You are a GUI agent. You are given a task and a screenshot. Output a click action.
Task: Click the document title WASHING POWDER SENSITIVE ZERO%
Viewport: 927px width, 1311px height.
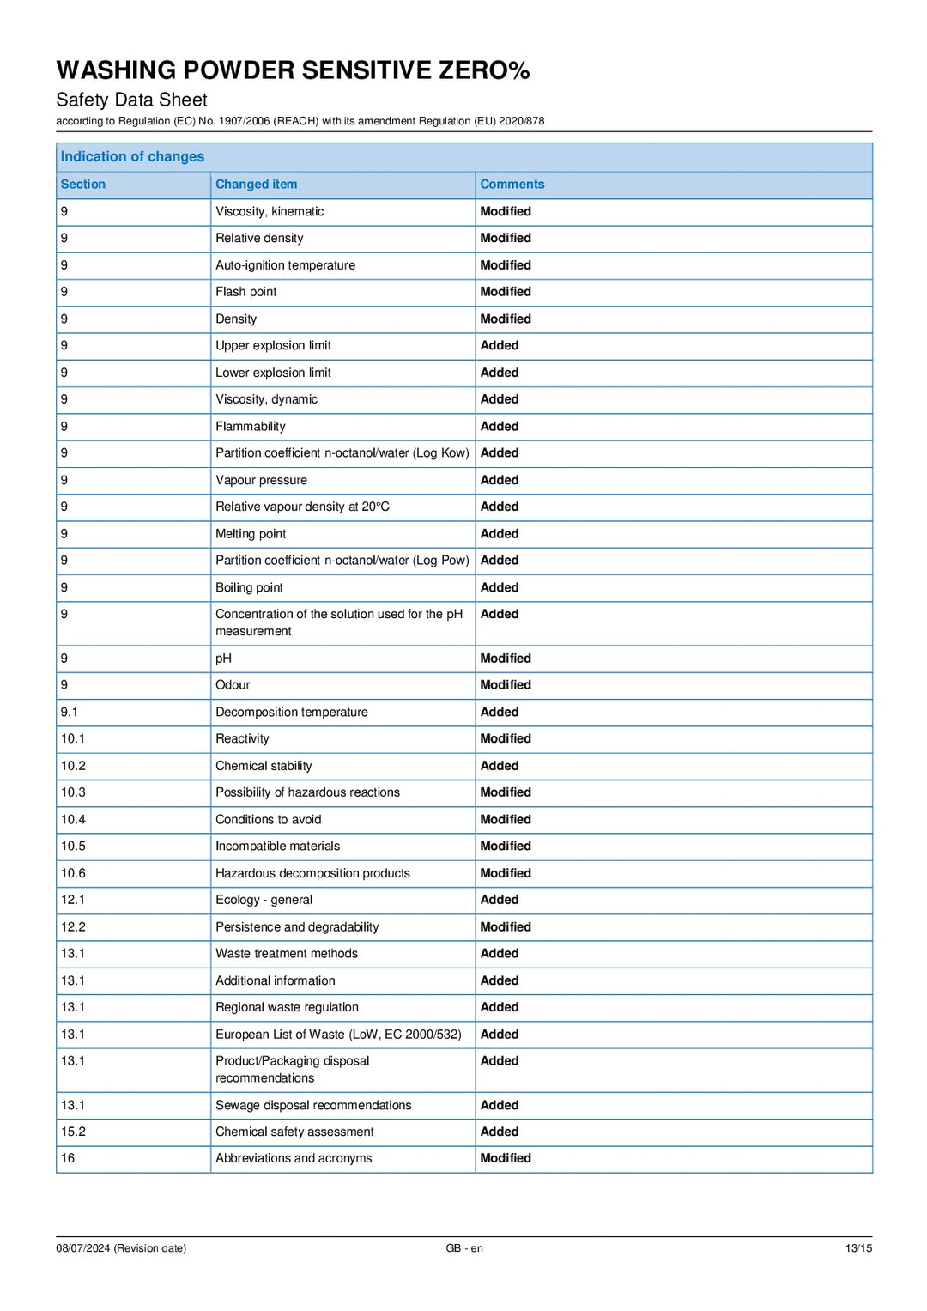(293, 70)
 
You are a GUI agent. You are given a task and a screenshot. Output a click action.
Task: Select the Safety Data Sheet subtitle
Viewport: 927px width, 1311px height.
(131, 100)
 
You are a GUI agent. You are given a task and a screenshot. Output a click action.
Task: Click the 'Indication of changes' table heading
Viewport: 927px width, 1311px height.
(132, 156)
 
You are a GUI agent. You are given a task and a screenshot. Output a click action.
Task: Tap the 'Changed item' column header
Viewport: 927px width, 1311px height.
(256, 184)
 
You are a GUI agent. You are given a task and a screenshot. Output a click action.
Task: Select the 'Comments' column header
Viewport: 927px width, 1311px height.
(512, 184)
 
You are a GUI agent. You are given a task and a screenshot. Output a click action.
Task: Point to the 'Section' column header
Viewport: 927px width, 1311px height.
(82, 184)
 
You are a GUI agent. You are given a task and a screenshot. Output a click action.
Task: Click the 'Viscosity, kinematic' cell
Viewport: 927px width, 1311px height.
(270, 211)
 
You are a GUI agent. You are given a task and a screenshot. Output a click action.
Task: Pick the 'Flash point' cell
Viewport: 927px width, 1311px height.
(245, 292)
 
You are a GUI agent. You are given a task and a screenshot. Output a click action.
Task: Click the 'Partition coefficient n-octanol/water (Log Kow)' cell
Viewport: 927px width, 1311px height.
(342, 452)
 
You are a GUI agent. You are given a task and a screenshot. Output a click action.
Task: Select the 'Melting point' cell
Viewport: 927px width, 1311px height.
(251, 533)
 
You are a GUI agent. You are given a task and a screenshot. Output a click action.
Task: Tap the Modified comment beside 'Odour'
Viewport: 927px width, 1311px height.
(506, 684)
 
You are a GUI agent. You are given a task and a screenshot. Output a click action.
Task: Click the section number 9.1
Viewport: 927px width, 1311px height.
(69, 712)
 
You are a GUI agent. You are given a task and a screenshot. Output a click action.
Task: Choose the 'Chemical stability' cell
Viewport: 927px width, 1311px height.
(264, 766)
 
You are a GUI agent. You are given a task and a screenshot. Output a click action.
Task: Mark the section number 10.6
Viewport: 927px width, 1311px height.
(73, 873)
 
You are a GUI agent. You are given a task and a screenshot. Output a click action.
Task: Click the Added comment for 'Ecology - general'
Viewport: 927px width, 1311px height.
(500, 900)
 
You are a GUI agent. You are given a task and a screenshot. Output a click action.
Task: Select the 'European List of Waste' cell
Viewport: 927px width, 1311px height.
(338, 1035)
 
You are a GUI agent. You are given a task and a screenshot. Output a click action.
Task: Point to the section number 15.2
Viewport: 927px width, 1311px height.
(73, 1132)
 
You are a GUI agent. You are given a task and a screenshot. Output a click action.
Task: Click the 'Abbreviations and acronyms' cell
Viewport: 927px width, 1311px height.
(294, 1158)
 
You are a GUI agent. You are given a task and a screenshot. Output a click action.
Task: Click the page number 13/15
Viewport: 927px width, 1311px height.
(858, 1248)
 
